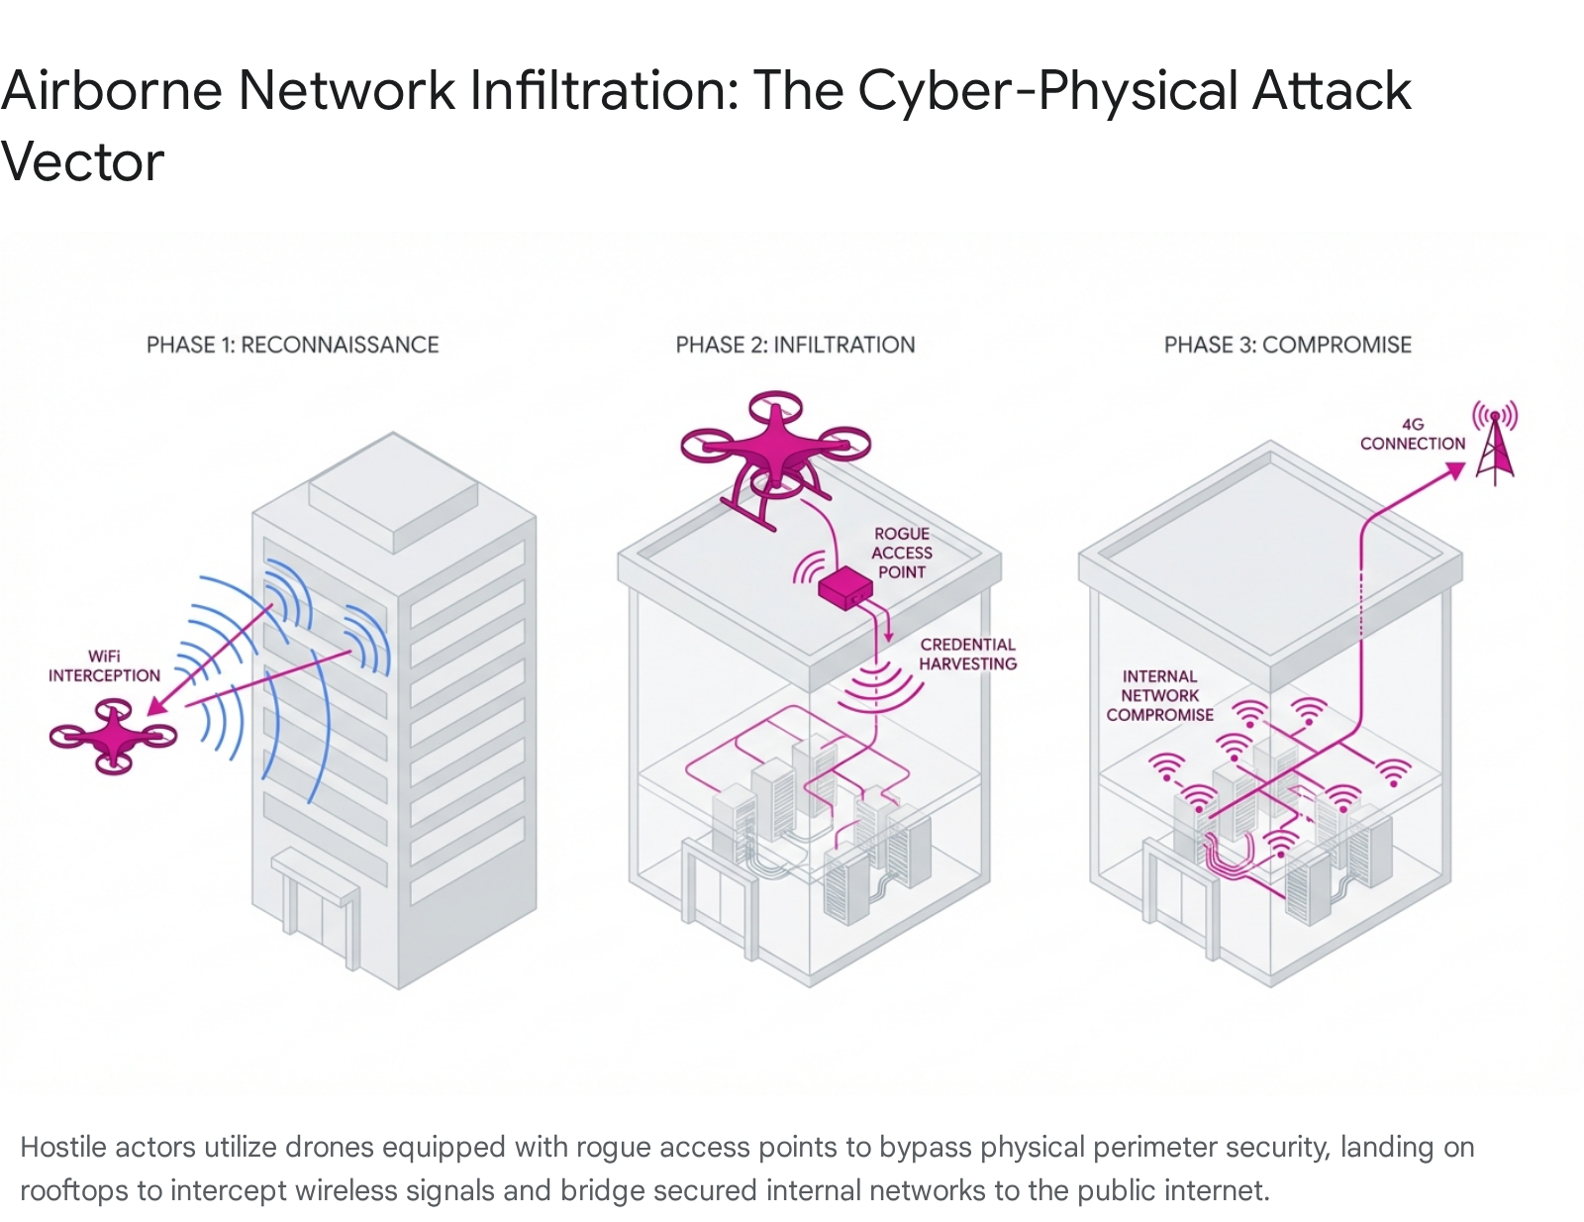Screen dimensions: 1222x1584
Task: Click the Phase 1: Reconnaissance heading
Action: pyautogui.click(x=292, y=345)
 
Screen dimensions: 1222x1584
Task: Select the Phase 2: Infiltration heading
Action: pyautogui.click(x=795, y=345)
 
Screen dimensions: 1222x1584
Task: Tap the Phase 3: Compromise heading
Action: pyautogui.click(x=1287, y=345)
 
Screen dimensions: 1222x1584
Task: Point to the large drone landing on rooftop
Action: pyautogui.click(x=775, y=451)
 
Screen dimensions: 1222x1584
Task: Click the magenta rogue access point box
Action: pyautogui.click(x=844, y=588)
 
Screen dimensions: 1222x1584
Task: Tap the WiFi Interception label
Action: pyautogui.click(x=104, y=665)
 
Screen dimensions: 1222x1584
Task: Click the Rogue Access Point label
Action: pyautogui.click(x=901, y=553)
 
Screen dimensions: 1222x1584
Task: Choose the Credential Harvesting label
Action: pyautogui.click(x=967, y=654)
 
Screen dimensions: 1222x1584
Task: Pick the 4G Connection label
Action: pyautogui.click(x=1412, y=434)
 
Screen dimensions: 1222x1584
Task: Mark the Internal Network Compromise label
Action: pyautogui.click(x=1159, y=695)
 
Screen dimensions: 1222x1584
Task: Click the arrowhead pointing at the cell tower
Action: pyautogui.click(x=1455, y=471)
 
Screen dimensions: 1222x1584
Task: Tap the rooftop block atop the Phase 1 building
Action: pyautogui.click(x=393, y=491)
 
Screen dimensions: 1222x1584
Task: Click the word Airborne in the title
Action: pyautogui.click(x=111, y=91)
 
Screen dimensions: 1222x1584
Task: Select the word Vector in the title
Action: pyautogui.click(x=82, y=162)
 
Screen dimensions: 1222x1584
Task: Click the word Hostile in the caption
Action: pyautogui.click(x=63, y=1147)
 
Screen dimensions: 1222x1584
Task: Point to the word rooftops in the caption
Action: pyautogui.click(x=73, y=1189)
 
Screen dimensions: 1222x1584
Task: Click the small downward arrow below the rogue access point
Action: pyautogui.click(x=888, y=634)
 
